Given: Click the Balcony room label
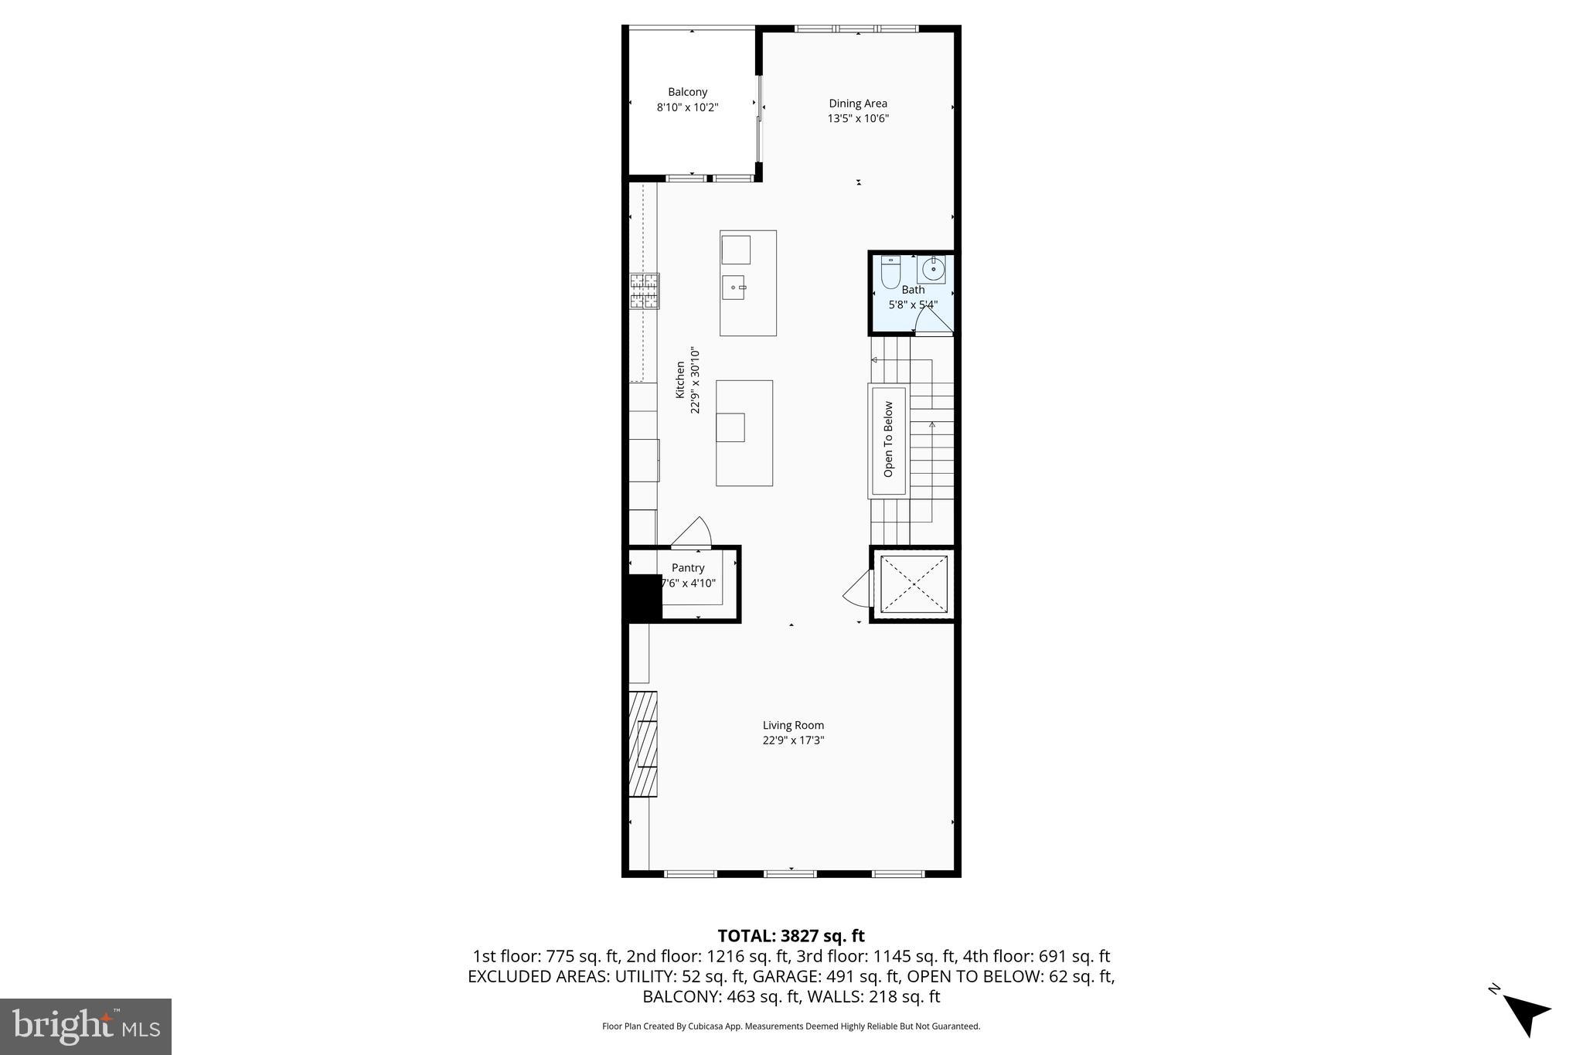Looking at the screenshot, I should click(x=687, y=92).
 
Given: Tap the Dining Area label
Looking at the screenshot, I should click(x=858, y=104).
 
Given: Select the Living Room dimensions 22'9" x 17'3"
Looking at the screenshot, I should click(x=793, y=740).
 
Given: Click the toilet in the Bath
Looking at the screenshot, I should click(x=890, y=272).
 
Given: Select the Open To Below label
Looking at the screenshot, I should click(x=888, y=439).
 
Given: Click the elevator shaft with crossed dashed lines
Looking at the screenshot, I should click(x=914, y=584).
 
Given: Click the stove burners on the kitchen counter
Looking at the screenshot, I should click(x=644, y=291).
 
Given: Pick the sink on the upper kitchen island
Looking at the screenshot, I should click(x=734, y=288).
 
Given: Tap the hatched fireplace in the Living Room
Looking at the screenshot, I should click(x=642, y=744).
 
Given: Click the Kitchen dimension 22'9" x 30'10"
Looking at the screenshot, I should click(x=694, y=380).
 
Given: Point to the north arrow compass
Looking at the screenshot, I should click(x=1524, y=1013).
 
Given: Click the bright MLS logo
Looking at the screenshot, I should click(x=86, y=1026).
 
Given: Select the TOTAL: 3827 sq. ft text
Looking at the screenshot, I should click(x=791, y=936).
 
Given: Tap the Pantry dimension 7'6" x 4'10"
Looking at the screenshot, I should click(x=689, y=584).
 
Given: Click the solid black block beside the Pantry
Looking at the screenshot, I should click(x=642, y=597).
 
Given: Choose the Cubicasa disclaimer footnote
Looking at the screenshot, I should click(x=791, y=1026).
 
